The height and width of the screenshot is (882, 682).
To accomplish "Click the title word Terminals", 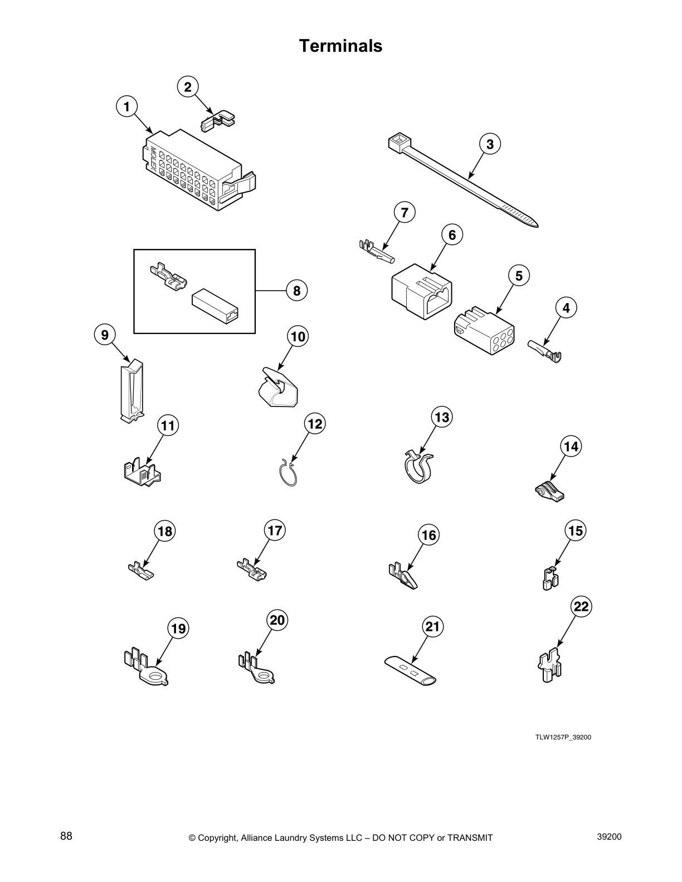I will (x=340, y=46).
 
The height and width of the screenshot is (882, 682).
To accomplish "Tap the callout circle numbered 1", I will (x=127, y=106).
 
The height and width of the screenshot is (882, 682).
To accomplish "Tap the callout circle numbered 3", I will (x=490, y=144).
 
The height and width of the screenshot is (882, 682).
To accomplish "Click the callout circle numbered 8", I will (x=296, y=291).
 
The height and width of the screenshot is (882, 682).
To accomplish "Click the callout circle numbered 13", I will (x=442, y=417).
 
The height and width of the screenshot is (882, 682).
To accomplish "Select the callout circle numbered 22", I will (x=581, y=606).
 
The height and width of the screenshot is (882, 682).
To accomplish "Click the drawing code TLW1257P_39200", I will (x=563, y=737).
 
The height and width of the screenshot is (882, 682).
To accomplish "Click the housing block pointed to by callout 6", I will (x=421, y=292).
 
